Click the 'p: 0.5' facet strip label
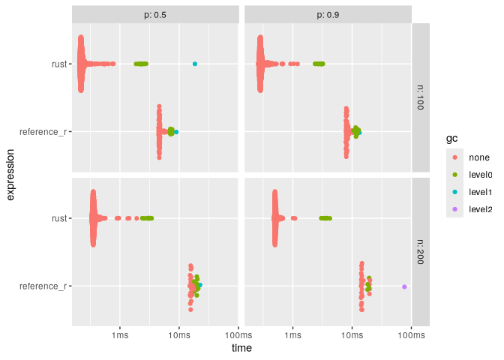coord(155,14)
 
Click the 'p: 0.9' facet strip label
coord(328,14)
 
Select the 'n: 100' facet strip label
coord(421,97)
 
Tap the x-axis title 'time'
coord(241,349)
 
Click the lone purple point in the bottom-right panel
coord(404,286)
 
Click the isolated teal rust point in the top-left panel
coord(195,64)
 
